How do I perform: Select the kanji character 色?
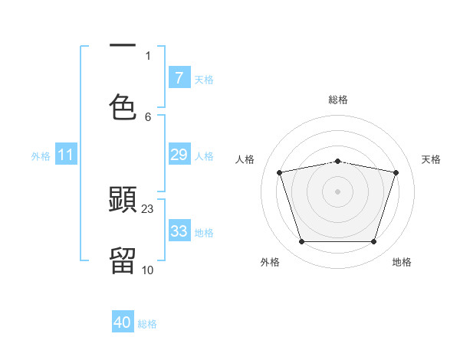point(123,106)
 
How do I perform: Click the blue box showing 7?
point(179,77)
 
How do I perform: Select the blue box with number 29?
point(179,155)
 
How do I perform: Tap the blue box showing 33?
point(179,231)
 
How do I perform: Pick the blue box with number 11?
point(65,155)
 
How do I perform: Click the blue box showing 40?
point(123,322)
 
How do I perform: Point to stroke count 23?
point(148,208)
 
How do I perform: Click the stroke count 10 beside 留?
point(148,270)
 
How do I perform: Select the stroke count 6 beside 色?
point(148,116)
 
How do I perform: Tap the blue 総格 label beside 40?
point(147,323)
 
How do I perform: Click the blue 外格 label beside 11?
point(41,155)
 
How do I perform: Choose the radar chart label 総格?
point(338,100)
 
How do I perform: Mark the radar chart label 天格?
point(431,159)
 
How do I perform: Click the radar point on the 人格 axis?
point(280,172)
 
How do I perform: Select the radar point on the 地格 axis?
point(373,242)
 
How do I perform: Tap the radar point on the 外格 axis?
point(301,242)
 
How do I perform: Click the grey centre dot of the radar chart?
point(337,191)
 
